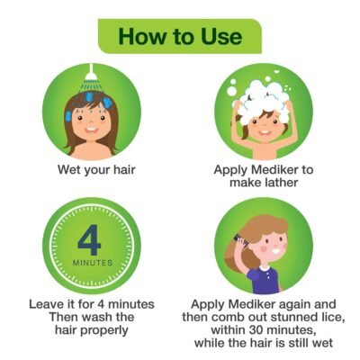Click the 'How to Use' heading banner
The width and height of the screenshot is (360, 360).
pyautogui.click(x=180, y=37)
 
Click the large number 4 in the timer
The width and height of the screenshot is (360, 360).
pyautogui.click(x=90, y=241)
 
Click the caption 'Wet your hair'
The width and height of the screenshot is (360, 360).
pyautogui.click(x=89, y=168)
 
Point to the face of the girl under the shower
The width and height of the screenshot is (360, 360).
pyautogui.click(x=89, y=127)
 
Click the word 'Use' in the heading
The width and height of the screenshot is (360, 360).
pyautogui.click(x=220, y=37)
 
